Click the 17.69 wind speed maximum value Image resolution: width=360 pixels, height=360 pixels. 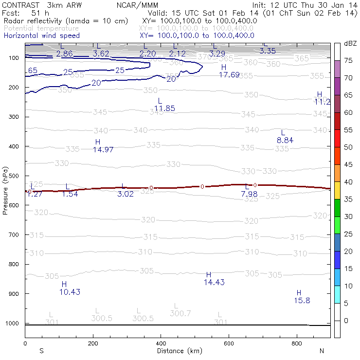229,74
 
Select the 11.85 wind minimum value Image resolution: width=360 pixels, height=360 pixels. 164,108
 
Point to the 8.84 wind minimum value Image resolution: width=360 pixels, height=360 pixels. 285,140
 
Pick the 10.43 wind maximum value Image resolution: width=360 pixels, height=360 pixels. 70,292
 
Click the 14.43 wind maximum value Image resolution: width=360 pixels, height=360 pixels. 214,282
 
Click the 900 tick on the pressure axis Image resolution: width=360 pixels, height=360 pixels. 15,294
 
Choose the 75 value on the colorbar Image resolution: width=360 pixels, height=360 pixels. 349,60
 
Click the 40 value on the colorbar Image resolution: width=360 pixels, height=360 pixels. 349,181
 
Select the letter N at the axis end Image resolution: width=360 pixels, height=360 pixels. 322,351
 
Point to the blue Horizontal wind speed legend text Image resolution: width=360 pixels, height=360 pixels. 41,36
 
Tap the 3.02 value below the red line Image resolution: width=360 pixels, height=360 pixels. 126,194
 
